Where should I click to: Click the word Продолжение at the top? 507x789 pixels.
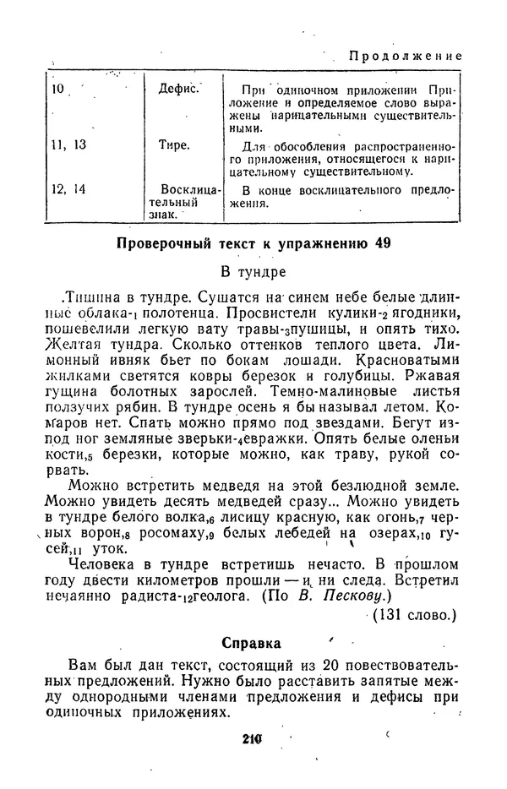[406, 56]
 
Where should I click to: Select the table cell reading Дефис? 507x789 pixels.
[178, 87]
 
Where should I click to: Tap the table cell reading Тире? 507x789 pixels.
[174, 144]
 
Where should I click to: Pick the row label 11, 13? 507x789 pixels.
[68, 144]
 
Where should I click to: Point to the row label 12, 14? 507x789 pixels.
[68, 189]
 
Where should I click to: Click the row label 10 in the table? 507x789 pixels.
[58, 87]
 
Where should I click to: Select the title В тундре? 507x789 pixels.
[253, 272]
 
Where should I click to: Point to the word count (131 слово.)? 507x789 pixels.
[414, 615]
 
